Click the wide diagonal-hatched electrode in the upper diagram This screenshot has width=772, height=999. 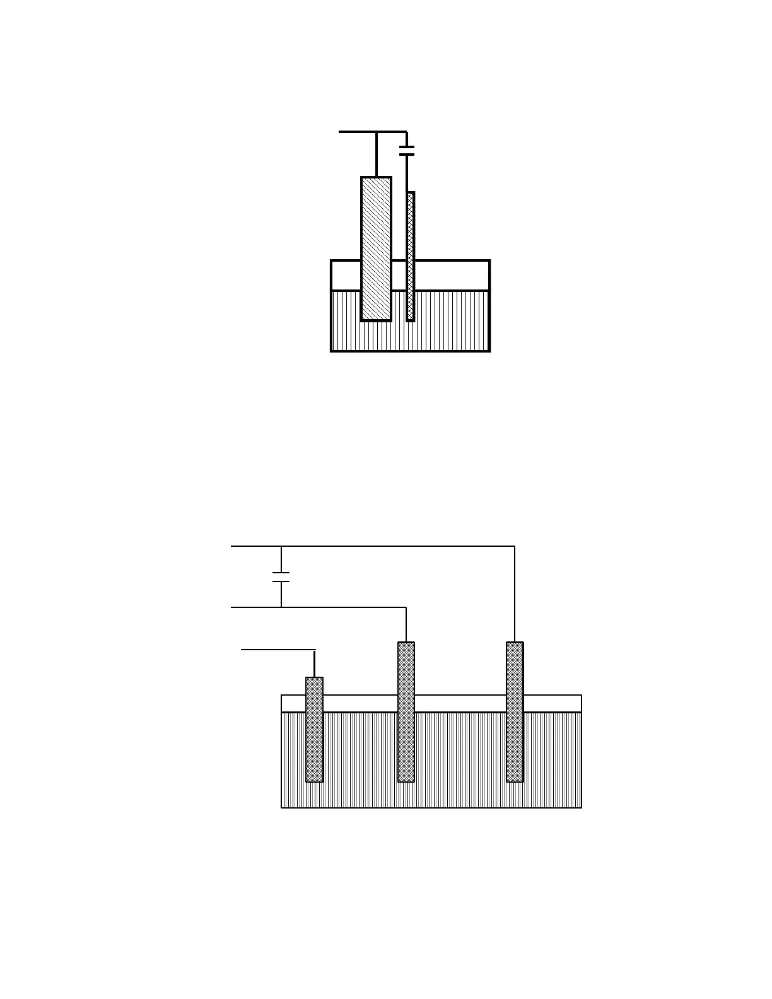376,249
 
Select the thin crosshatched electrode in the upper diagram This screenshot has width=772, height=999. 411,256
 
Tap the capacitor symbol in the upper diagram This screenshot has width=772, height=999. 407,151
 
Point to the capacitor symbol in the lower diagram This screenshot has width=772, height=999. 281,576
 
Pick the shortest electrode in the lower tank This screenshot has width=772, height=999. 314,730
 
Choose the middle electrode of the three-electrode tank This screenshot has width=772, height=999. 406,712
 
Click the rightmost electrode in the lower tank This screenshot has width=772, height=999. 515,712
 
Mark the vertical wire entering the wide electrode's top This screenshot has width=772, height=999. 377,155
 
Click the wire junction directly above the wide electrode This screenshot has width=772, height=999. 377,132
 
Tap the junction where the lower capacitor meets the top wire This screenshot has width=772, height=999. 281,546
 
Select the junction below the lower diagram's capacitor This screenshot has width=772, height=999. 281,607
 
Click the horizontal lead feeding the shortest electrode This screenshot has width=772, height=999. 278,649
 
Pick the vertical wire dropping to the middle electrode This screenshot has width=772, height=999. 406,624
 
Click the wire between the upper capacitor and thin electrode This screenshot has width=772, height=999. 407,173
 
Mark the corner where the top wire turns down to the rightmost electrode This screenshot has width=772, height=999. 515,546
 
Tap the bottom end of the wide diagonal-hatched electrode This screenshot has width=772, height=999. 376,320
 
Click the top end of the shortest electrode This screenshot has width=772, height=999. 314,679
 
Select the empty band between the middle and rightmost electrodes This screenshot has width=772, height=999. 460,703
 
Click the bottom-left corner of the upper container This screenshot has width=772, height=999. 332,351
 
